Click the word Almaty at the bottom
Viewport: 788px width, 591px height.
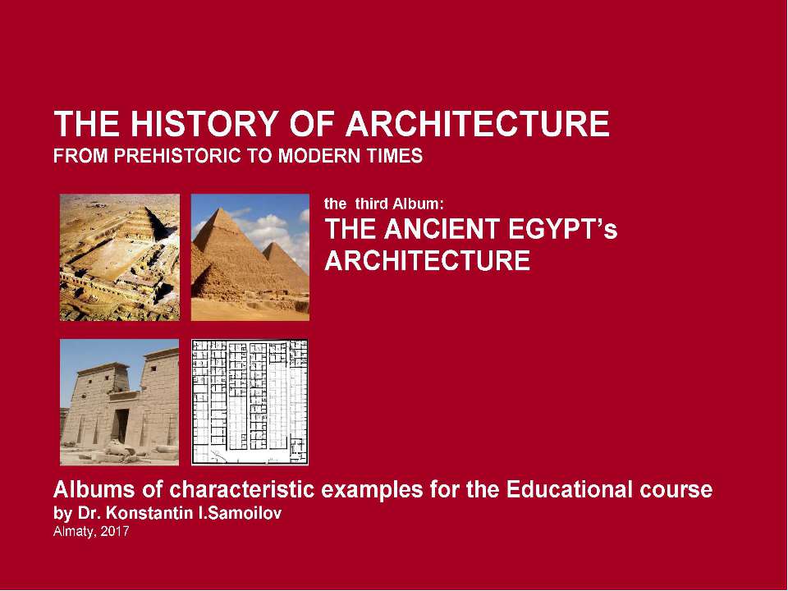pyautogui.click(x=72, y=532)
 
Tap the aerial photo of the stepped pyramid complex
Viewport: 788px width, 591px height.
pyautogui.click(x=119, y=257)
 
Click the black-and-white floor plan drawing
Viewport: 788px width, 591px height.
pyautogui.click(x=250, y=402)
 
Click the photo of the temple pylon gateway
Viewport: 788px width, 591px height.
pyautogui.click(x=119, y=402)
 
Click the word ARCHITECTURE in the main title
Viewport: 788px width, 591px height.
pyautogui.click(x=479, y=125)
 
